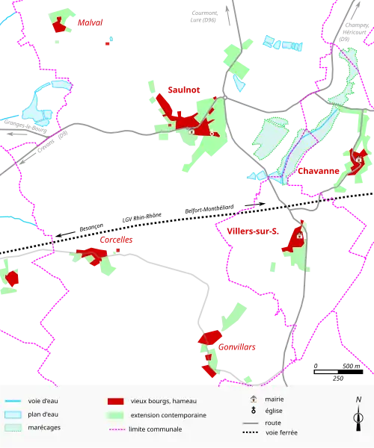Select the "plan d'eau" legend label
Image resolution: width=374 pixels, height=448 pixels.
coord(43,414)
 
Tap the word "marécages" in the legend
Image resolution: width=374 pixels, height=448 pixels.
coord(44,428)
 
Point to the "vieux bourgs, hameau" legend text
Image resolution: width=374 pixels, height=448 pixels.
coord(163,401)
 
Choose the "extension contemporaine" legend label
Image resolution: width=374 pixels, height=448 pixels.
coord(168,415)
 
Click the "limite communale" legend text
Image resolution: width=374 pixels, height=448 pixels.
coord(156,429)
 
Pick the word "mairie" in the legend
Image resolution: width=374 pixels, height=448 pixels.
coord(274,399)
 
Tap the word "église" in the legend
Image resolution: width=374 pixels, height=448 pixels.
coord(274,411)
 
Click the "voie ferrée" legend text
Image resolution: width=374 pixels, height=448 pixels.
coord(281,432)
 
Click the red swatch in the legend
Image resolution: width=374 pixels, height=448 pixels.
coord(115,401)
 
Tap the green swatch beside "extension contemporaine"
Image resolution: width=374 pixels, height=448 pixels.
coord(115,415)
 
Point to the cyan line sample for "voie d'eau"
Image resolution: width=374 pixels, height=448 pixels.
coord(13,401)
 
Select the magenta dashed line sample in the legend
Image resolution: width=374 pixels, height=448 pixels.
coord(115,429)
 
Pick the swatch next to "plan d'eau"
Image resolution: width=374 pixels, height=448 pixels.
coord(13,414)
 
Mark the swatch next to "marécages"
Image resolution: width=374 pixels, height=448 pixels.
coord(13,428)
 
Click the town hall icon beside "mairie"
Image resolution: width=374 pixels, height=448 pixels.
coord(254,399)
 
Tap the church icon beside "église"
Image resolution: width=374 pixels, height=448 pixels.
coord(254,411)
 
